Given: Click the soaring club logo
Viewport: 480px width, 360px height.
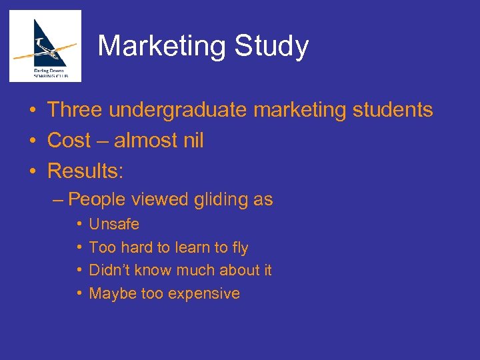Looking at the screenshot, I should tap(45, 46).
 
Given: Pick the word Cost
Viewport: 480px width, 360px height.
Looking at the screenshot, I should tap(69, 141).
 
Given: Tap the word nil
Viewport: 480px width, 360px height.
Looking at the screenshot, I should tap(190, 141).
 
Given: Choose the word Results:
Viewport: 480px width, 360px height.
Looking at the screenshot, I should tap(85, 171).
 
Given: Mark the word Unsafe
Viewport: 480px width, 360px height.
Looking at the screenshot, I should tap(114, 224).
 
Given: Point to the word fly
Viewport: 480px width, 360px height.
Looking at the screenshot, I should tap(239, 248).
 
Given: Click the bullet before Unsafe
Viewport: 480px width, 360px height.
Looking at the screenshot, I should tap(79, 224).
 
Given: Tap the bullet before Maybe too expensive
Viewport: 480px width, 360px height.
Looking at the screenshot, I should tap(79, 293).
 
